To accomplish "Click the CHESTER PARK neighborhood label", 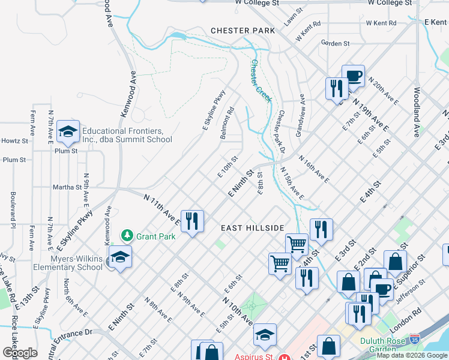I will pyautogui.click(x=243, y=31).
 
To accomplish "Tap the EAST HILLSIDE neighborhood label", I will pyautogui.click(x=252, y=228).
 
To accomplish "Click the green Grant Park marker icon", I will pyautogui.click(x=127, y=235).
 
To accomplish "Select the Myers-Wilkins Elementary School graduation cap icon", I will pyautogui.click(x=120, y=258).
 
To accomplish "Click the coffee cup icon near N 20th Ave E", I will pyautogui.click(x=354, y=76).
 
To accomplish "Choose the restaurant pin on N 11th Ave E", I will pyautogui.click(x=193, y=221).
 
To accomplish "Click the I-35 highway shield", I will pyautogui.click(x=414, y=338).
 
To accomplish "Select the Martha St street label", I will pyautogui.click(x=67, y=187).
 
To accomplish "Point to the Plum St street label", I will pyautogui.click(x=14, y=160).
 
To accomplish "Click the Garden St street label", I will pyautogui.click(x=335, y=43).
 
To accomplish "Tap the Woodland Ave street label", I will pyautogui.click(x=416, y=112).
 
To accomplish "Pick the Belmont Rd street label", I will pyautogui.click(x=226, y=123).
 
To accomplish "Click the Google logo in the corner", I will pyautogui.click(x=20, y=352).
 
